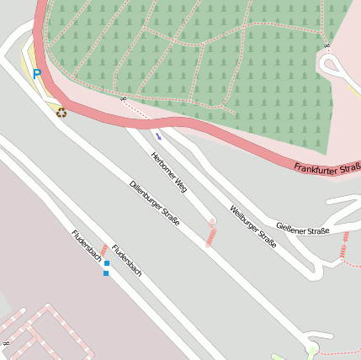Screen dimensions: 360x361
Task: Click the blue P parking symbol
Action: coord(37,74)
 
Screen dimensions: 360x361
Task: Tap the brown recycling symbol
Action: coord(61,112)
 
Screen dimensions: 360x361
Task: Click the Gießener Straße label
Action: coord(302,228)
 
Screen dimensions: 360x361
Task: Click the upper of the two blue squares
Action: coord(106,263)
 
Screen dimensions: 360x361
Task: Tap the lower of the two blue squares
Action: coord(106,273)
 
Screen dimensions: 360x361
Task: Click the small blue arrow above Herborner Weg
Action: coord(157,135)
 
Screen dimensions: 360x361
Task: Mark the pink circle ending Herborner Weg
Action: coord(212,222)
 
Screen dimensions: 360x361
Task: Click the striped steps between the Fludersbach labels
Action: coord(104,251)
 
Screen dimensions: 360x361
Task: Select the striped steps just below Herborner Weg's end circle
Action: coord(210,236)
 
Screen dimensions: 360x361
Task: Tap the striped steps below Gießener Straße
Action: coord(344,246)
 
